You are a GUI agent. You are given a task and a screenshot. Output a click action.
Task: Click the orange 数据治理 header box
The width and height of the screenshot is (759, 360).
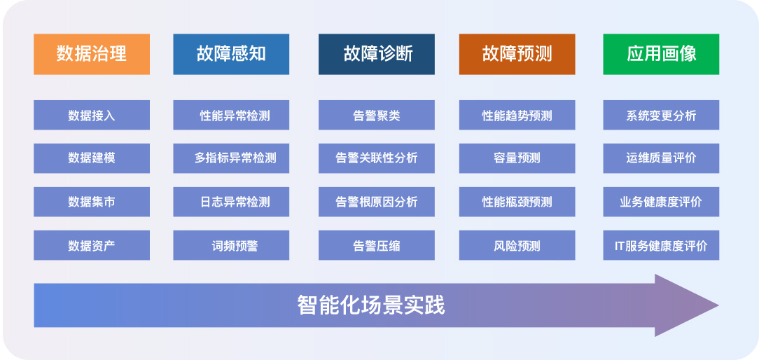[92, 54]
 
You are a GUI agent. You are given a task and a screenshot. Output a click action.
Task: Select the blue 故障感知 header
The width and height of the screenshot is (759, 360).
[231, 54]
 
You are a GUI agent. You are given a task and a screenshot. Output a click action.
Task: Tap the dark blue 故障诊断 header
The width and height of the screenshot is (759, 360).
[376, 54]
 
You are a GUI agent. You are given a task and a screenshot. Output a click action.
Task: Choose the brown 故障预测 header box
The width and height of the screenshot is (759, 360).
[517, 54]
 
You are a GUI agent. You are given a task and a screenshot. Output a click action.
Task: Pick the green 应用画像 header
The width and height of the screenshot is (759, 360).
[661, 54]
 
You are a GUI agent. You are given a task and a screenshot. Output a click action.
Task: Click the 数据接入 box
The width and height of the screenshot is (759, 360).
[92, 116]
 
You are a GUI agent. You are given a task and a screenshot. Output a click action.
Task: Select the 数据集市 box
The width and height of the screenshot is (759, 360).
[92, 202]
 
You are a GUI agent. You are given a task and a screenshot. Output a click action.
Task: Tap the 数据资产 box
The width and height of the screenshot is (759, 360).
[92, 245]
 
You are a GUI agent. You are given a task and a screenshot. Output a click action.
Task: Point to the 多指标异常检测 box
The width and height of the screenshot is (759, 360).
[231, 158]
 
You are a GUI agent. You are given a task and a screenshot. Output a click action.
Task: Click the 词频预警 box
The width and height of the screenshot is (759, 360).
[231, 245]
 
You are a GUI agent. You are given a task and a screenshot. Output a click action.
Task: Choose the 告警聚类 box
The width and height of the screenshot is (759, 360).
[376, 116]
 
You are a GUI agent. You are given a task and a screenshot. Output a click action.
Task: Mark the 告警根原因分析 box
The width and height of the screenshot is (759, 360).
[376, 202]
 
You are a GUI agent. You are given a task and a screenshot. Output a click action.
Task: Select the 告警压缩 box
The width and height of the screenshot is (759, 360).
[376, 245]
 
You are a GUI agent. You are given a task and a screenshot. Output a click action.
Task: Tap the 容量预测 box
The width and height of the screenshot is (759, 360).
[517, 158]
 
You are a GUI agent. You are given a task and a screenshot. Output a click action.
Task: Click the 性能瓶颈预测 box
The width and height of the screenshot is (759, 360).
[517, 202]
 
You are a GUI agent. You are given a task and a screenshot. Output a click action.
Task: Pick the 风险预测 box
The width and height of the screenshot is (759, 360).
[517, 245]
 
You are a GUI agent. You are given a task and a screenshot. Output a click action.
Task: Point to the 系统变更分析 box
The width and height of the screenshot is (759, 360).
[661, 116]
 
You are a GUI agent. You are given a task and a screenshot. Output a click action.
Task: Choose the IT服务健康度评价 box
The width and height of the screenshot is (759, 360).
[661, 245]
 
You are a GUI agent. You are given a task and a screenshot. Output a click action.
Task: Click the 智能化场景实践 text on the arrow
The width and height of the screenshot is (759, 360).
[371, 305]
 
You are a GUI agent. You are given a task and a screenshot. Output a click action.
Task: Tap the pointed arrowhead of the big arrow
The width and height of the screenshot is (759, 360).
[718, 305]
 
